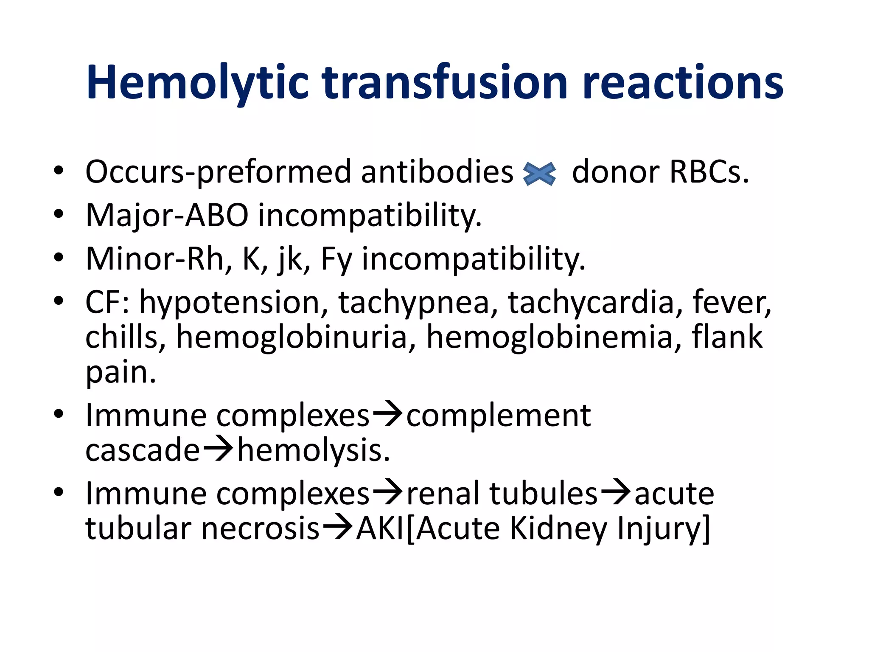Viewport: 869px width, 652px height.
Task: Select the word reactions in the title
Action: point(683,83)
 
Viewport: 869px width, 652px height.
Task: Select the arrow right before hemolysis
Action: point(218,450)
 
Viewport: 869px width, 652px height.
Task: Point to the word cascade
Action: point(142,450)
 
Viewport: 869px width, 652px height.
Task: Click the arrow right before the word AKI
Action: point(337,528)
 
